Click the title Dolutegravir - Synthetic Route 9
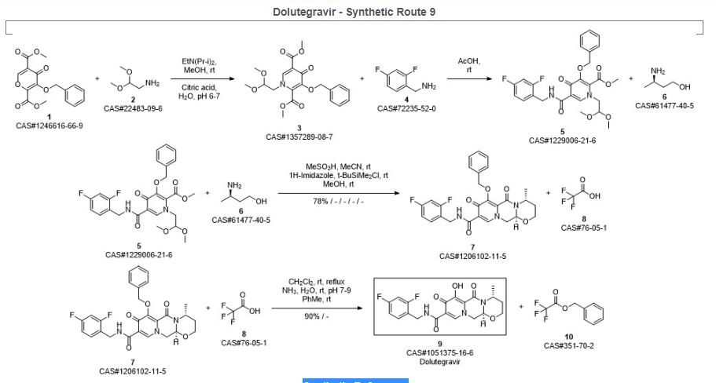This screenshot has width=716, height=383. click(x=358, y=13)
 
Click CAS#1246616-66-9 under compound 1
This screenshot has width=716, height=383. click(x=50, y=125)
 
